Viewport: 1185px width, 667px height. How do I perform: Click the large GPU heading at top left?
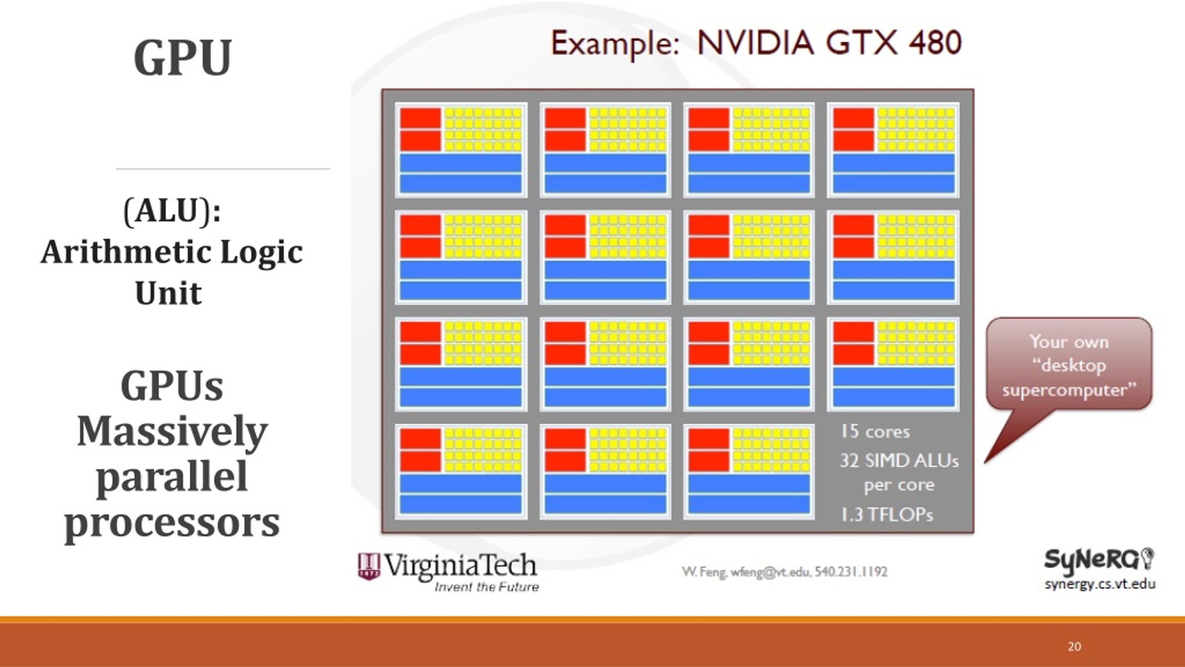pos(182,58)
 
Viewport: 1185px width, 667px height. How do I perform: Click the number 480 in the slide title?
pos(935,43)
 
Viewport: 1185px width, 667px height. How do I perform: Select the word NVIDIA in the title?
pos(755,43)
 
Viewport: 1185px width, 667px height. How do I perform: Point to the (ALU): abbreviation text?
pos(172,211)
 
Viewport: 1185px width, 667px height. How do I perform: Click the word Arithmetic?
pos(126,252)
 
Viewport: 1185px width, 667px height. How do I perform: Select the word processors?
pos(172,522)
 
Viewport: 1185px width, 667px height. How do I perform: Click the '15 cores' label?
pos(875,432)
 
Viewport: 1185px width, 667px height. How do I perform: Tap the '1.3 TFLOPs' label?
pos(887,515)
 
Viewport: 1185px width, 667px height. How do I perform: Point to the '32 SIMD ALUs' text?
pos(899,461)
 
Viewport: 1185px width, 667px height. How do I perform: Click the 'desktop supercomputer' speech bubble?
pos(1069,365)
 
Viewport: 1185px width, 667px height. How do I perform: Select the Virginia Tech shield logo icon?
pos(369,566)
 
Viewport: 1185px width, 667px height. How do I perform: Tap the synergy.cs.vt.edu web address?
pos(1100,584)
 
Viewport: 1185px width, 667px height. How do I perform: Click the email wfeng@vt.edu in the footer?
pos(770,572)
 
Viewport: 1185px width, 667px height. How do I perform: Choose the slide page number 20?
pos(1074,647)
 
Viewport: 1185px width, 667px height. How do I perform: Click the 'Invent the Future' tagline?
pos(486,587)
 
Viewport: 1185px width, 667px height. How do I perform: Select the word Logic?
pos(261,252)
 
